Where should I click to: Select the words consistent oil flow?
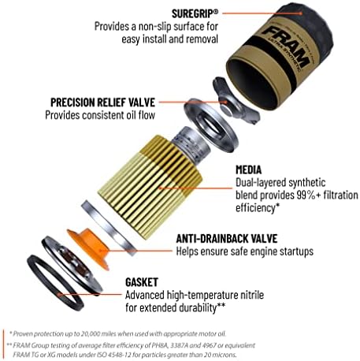point(127,116)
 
